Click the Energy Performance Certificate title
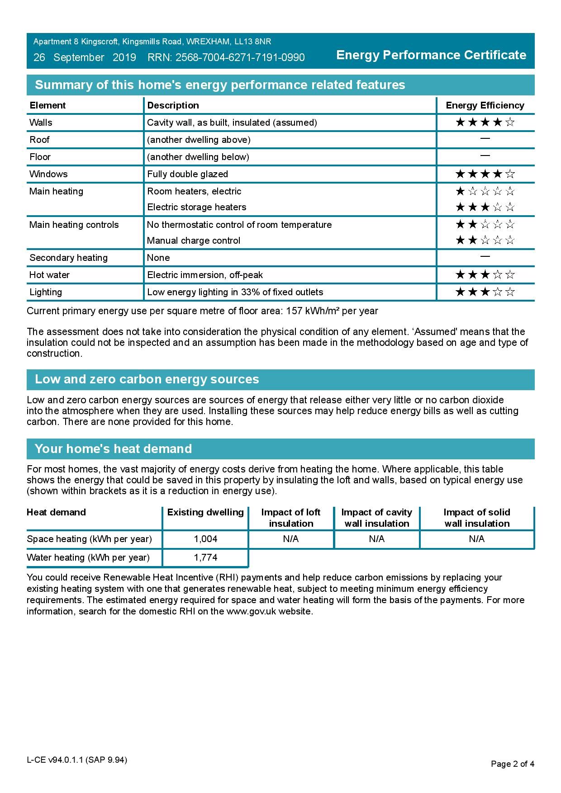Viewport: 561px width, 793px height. (431, 55)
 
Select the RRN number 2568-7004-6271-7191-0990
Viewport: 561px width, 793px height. (240, 58)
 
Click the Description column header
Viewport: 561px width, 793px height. (173, 105)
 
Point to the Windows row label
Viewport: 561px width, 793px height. (48, 174)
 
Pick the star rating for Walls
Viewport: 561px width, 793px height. (485, 122)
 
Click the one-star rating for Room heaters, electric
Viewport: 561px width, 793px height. (485, 191)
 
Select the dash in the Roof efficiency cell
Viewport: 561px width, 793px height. (485, 139)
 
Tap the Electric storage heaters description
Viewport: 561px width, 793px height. (197, 207)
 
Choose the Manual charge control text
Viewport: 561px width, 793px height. (194, 241)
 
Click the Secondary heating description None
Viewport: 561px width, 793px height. (158, 258)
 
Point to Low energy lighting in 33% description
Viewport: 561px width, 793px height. (235, 292)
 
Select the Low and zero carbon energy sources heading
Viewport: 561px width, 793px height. (147, 379)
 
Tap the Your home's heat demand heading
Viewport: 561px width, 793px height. (113, 449)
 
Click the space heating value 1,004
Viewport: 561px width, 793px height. (205, 539)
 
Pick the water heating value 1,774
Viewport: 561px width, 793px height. (205, 557)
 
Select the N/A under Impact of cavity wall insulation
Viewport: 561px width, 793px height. (376, 539)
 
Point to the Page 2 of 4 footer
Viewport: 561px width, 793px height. (512, 764)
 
